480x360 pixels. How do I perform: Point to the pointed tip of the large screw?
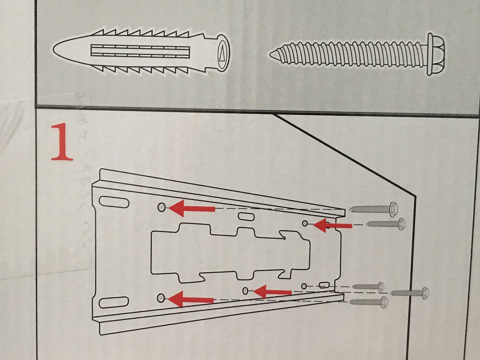click(x=272, y=54)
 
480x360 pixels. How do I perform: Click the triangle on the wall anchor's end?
click(x=221, y=53)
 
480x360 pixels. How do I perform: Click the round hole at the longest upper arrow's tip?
click(x=161, y=207)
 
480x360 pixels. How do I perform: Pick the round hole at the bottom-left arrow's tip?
click(x=161, y=297)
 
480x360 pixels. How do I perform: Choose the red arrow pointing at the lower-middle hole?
click(x=272, y=292)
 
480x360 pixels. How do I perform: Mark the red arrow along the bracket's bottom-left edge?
click(x=190, y=298)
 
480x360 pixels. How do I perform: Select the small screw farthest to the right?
click(x=410, y=293)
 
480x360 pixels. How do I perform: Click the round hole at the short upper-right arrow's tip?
click(x=305, y=222)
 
